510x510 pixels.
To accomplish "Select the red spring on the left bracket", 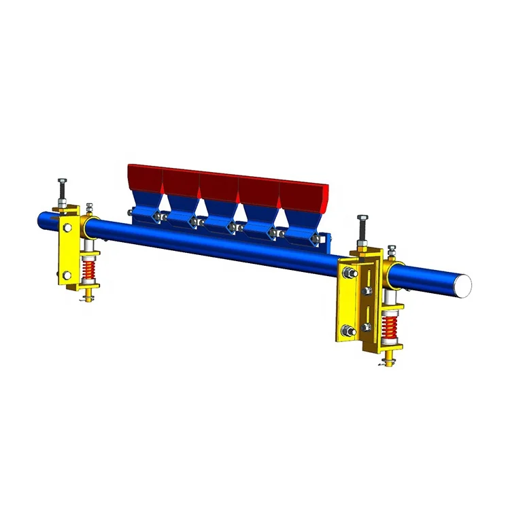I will [88, 272].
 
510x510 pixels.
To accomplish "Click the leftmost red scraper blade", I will [144, 178].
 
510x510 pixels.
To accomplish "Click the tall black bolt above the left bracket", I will [61, 190].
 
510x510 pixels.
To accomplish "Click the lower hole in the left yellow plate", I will [66, 275].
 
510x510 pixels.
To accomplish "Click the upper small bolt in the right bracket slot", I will [366, 291].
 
